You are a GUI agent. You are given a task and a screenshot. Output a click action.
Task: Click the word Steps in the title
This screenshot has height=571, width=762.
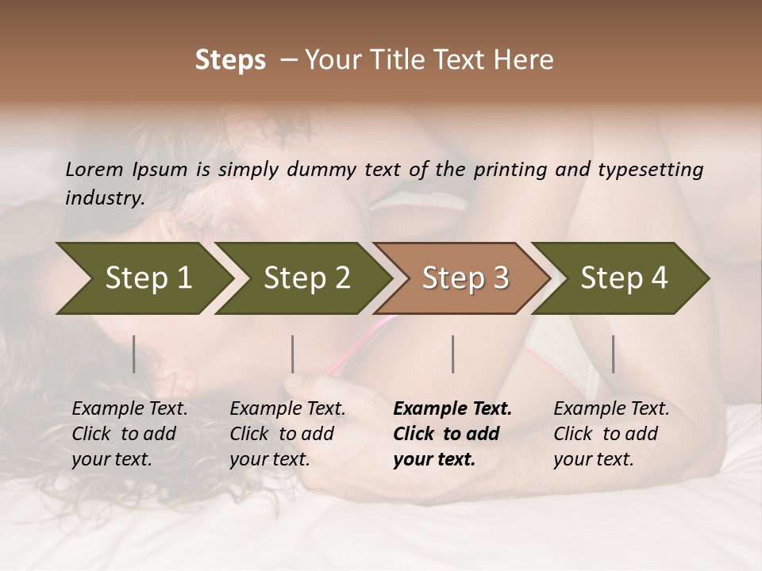(x=230, y=60)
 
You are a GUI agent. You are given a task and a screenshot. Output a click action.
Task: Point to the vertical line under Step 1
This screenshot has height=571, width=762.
(x=134, y=354)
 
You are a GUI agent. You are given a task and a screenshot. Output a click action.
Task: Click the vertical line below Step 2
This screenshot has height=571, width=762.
(x=293, y=354)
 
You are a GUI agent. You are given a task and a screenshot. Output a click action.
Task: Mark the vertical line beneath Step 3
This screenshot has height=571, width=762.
(x=453, y=354)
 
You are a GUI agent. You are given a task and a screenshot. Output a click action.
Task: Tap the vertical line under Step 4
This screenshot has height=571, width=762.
(x=614, y=354)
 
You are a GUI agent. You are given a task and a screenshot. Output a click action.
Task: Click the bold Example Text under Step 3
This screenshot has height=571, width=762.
(x=452, y=434)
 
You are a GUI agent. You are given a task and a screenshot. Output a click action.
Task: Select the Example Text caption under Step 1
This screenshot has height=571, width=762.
(x=129, y=434)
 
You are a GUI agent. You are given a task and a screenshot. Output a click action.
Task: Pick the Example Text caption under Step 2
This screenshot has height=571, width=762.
(x=287, y=434)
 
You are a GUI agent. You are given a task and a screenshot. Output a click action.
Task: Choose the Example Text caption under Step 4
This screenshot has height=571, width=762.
(x=611, y=434)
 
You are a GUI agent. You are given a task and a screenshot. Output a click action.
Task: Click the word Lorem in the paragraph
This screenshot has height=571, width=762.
(x=94, y=170)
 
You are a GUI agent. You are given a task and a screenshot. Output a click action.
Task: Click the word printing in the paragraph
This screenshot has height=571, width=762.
(x=513, y=170)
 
